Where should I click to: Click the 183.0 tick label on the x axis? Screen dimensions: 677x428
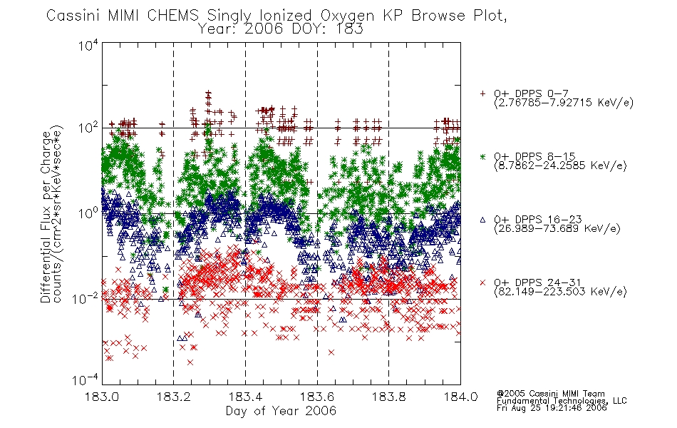click(x=102, y=397)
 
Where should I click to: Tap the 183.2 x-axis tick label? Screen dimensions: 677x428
click(x=174, y=397)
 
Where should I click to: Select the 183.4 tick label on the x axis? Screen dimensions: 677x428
click(x=245, y=397)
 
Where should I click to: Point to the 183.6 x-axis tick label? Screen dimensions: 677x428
click(x=317, y=397)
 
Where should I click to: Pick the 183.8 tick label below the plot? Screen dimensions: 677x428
click(x=388, y=397)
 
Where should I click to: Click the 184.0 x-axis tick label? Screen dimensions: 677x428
click(x=460, y=397)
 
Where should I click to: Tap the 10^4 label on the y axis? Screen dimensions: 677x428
click(x=88, y=45)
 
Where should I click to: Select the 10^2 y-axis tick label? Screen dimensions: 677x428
click(x=88, y=128)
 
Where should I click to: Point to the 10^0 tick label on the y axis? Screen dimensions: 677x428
click(x=88, y=213)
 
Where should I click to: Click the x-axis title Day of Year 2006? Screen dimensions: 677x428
click(x=281, y=411)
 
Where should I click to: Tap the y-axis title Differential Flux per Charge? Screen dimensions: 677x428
click(x=46, y=217)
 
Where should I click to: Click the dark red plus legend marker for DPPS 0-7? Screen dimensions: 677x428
click(x=482, y=93)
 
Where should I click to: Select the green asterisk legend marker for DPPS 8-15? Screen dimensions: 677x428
click(x=482, y=156)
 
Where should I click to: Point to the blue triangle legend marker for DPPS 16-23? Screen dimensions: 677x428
click(x=482, y=220)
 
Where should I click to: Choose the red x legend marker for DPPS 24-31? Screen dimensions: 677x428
click(x=482, y=282)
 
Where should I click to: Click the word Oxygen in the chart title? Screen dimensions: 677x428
click(x=347, y=16)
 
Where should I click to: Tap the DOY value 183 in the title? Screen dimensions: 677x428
click(x=351, y=29)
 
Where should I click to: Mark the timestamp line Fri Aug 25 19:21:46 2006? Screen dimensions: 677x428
click(x=552, y=408)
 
